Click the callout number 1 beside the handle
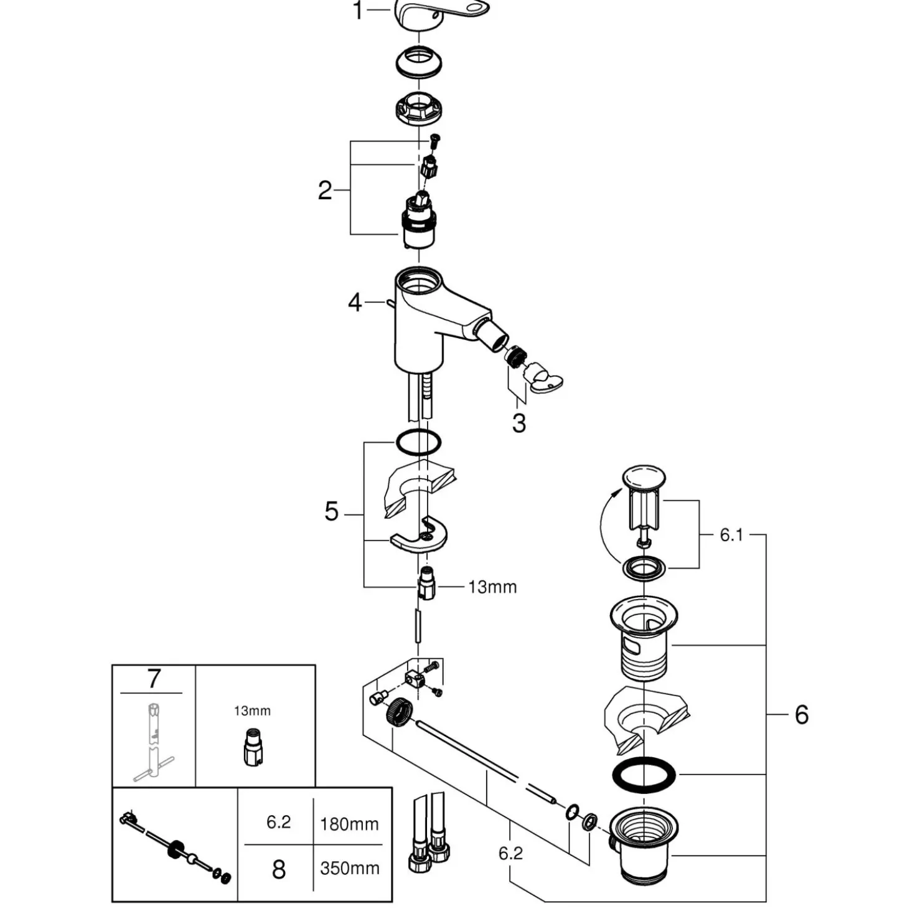pyautogui.click(x=359, y=11)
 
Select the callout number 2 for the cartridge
pyautogui.click(x=325, y=191)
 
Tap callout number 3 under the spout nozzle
pyautogui.click(x=519, y=423)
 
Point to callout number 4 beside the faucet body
pyautogui.click(x=355, y=302)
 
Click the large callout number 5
pyautogui.click(x=331, y=511)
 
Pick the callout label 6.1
pyautogui.click(x=731, y=536)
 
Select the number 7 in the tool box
pyautogui.click(x=154, y=679)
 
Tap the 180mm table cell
pyautogui.click(x=349, y=824)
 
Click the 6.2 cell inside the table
pyautogui.click(x=278, y=822)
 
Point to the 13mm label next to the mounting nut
pyautogui.click(x=492, y=587)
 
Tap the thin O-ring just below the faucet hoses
pyautogui.click(x=418, y=443)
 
